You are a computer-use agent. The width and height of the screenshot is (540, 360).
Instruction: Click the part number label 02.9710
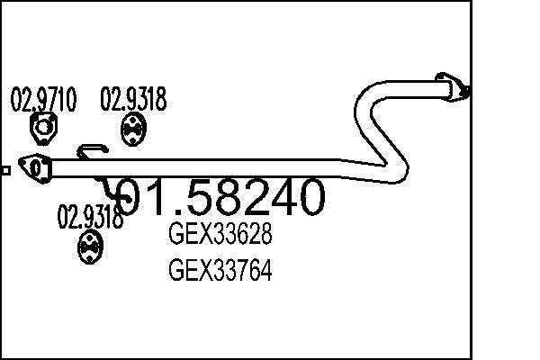tap(43, 99)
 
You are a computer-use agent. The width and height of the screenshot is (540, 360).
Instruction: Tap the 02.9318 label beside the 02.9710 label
tap(133, 99)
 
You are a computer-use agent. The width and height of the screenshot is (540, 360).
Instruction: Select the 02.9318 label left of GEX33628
tap(90, 217)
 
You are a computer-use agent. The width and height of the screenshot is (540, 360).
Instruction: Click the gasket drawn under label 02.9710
tap(43, 128)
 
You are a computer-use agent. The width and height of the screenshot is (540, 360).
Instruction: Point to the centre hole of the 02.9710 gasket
tap(43, 128)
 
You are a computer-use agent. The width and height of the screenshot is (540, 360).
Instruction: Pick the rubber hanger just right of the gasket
tap(133, 130)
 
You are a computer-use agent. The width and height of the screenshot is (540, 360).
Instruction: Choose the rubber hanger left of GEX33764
tap(90, 247)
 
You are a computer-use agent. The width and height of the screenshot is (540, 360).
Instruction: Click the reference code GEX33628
tap(220, 233)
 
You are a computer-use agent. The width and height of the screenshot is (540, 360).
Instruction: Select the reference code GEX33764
tap(220, 269)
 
